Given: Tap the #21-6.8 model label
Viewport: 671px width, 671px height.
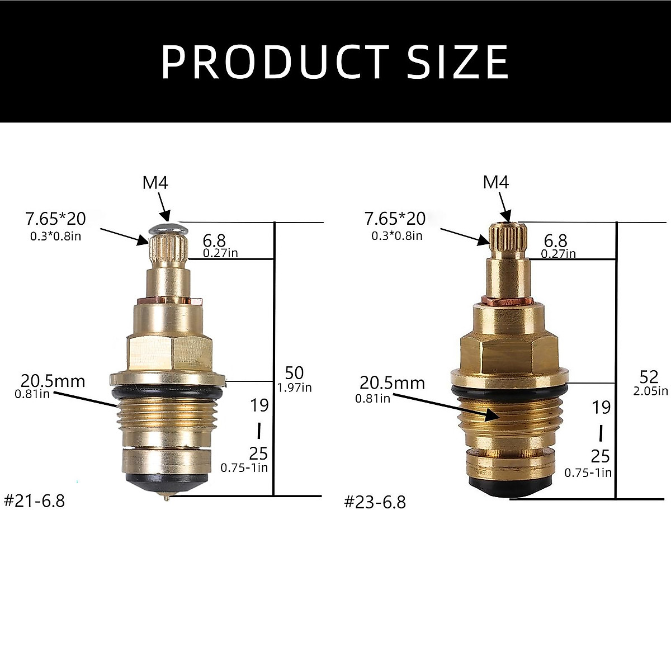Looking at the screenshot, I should pyautogui.click(x=35, y=500).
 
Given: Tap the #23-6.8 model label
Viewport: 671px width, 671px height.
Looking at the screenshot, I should pyautogui.click(x=375, y=502).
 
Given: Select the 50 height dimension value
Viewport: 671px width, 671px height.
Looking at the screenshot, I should pyautogui.click(x=294, y=373).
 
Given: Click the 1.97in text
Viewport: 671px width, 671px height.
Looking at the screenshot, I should pyautogui.click(x=294, y=387).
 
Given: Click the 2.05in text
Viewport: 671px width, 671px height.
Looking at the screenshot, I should pyautogui.click(x=650, y=391).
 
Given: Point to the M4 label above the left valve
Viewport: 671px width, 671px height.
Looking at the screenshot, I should pyautogui.click(x=155, y=183).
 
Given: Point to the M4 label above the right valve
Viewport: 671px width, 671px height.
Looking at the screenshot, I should pyautogui.click(x=497, y=182).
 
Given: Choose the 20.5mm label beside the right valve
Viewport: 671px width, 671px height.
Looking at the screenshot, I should pyautogui.click(x=392, y=383).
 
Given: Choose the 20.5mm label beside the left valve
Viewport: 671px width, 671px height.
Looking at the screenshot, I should pyautogui.click(x=53, y=381).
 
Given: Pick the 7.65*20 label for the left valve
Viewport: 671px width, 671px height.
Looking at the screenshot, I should pyautogui.click(x=55, y=218).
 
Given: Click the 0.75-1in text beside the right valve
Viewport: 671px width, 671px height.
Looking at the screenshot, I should pyautogui.click(x=588, y=472).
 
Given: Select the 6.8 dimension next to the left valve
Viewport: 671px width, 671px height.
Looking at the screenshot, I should pyautogui.click(x=214, y=240).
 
